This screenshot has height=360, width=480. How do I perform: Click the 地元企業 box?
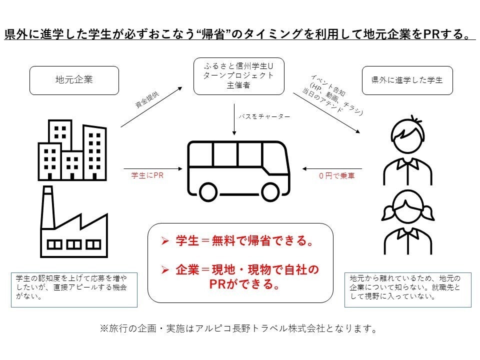[x=74, y=80]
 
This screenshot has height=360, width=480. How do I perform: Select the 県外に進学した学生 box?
[x=407, y=80]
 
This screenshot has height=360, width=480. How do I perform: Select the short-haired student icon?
[x=407, y=150]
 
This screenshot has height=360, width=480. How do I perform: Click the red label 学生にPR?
[x=147, y=175]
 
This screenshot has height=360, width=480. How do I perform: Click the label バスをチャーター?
[x=264, y=116]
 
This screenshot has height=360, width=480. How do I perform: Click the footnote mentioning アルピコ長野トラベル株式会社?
[x=238, y=328]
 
